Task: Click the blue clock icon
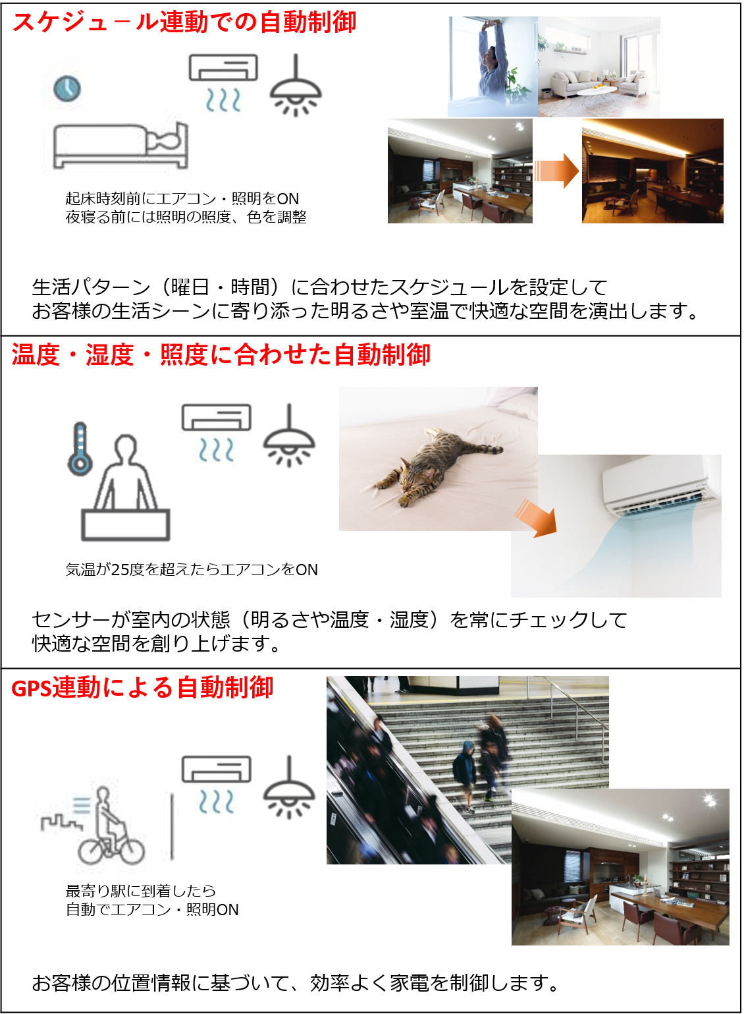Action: click(67, 89)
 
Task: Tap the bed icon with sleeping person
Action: click(120, 146)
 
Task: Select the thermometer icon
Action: click(80, 449)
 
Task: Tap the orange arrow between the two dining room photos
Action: click(556, 171)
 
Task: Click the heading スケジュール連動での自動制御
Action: click(184, 22)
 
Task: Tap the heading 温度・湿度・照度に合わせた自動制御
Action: click(221, 354)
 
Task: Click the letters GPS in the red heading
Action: click(31, 689)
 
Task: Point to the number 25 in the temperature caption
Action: click(120, 569)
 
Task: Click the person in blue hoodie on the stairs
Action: click(465, 775)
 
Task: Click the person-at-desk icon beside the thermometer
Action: click(125, 488)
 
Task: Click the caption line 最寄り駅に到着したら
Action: click(141, 891)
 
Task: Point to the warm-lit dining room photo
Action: click(653, 171)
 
